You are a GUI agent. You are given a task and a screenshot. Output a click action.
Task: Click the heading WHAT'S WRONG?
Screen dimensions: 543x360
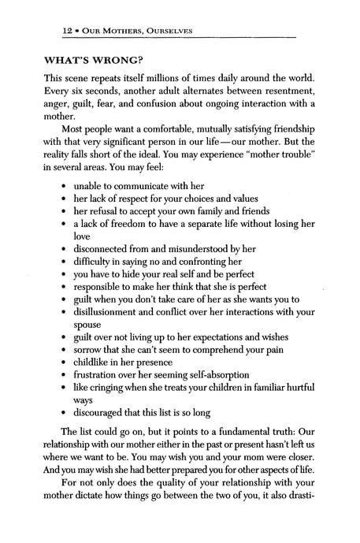(96, 60)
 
